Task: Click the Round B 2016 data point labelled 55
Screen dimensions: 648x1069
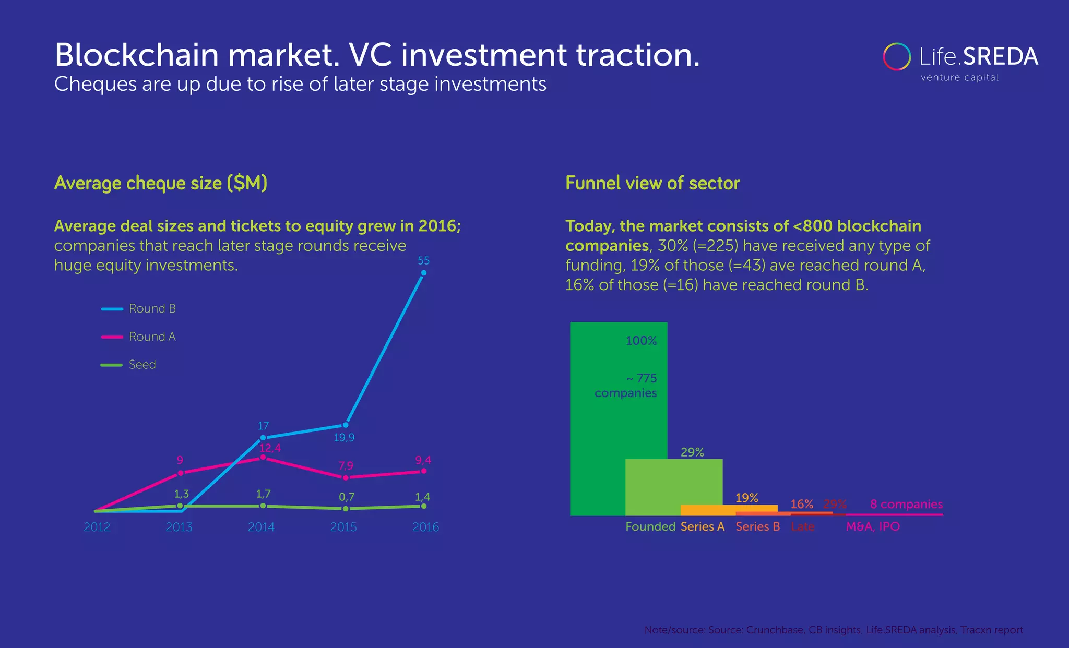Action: point(423,273)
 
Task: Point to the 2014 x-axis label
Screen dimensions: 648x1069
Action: point(261,527)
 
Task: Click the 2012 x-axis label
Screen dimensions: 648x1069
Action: point(97,527)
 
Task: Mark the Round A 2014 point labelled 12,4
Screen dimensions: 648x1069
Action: point(263,457)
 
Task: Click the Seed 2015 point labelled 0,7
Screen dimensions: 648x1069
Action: point(345,509)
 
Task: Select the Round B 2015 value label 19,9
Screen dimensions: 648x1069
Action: point(344,438)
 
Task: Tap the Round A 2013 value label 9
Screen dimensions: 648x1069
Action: point(180,460)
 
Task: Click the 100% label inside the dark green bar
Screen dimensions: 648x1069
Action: point(641,341)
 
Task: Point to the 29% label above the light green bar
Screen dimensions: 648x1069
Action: point(692,452)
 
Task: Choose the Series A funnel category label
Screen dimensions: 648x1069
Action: point(703,526)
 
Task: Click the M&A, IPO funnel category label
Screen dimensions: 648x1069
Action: point(873,526)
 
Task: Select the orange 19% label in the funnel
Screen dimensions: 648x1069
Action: point(746,498)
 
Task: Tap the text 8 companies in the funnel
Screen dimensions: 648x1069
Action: point(906,505)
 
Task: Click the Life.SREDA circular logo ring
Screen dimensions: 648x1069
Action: point(897,56)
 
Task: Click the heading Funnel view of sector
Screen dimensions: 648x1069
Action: point(652,183)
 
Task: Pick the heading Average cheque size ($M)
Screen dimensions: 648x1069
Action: point(161,183)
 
